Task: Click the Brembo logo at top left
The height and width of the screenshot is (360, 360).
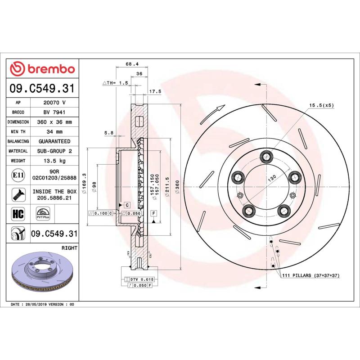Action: pyautogui.click(x=42, y=69)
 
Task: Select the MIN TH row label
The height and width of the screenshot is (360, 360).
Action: pyautogui.click(x=18, y=132)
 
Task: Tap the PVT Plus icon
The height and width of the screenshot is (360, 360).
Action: pyautogui.click(x=43, y=213)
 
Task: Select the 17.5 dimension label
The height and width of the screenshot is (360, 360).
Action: pyautogui.click(x=155, y=91)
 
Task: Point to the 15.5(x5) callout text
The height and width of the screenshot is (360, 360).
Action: pyautogui.click(x=321, y=105)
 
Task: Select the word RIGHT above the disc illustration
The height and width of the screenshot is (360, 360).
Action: pyautogui.click(x=69, y=248)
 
